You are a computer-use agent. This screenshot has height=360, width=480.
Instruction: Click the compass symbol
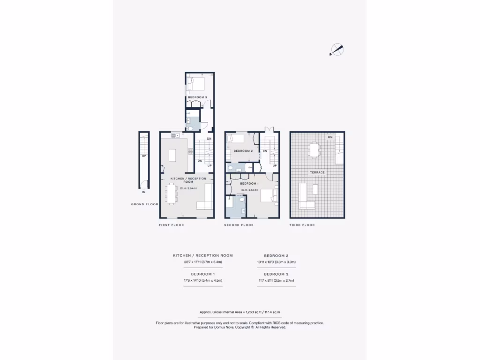[337, 49]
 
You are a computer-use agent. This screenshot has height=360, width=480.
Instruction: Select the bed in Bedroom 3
[197, 84]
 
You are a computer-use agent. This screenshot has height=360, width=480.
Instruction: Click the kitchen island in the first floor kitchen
[172, 155]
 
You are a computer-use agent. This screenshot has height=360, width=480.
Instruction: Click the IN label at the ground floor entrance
[144, 192]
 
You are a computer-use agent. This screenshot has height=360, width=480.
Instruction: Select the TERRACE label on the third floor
[317, 172]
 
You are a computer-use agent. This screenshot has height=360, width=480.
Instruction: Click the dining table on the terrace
[314, 150]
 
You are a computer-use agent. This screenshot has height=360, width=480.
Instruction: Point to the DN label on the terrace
[330, 137]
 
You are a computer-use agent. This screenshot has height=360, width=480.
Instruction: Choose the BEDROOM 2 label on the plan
[243, 151]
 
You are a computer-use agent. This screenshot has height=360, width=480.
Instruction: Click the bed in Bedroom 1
[268, 195]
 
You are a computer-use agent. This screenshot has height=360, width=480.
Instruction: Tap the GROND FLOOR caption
[145, 204]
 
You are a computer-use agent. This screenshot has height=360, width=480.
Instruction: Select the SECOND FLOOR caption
[239, 225]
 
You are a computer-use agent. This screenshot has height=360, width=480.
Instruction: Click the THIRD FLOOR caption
[302, 225]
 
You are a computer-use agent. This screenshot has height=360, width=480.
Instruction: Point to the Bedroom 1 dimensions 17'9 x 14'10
[203, 280]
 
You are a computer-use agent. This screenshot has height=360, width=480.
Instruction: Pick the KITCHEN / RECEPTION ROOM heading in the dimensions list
[203, 255]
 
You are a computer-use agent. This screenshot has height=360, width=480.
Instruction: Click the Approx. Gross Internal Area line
[240, 312]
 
